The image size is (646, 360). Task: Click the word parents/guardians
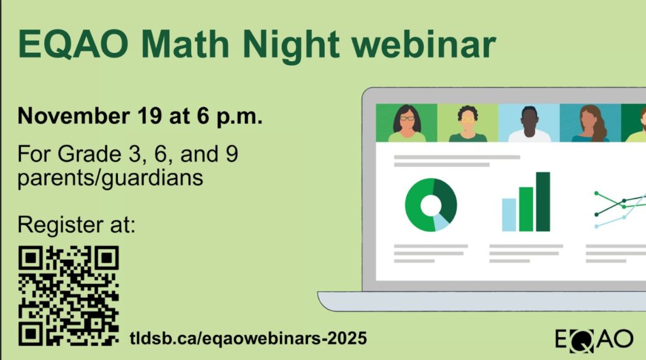(110, 178)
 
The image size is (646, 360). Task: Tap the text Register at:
(76, 224)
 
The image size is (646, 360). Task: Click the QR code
(68, 295)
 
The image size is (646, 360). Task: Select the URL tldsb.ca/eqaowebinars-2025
(248, 338)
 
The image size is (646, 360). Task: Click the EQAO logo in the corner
(594, 339)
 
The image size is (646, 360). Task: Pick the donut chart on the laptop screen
(431, 205)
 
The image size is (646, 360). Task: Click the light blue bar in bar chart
(509, 214)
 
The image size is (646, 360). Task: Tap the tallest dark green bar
(543, 201)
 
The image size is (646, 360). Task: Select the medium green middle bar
(526, 209)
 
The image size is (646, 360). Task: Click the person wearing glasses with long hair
(407, 124)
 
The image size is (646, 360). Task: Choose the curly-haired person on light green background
(467, 124)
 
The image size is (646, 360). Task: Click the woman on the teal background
(590, 124)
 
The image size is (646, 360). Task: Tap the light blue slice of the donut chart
(442, 221)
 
